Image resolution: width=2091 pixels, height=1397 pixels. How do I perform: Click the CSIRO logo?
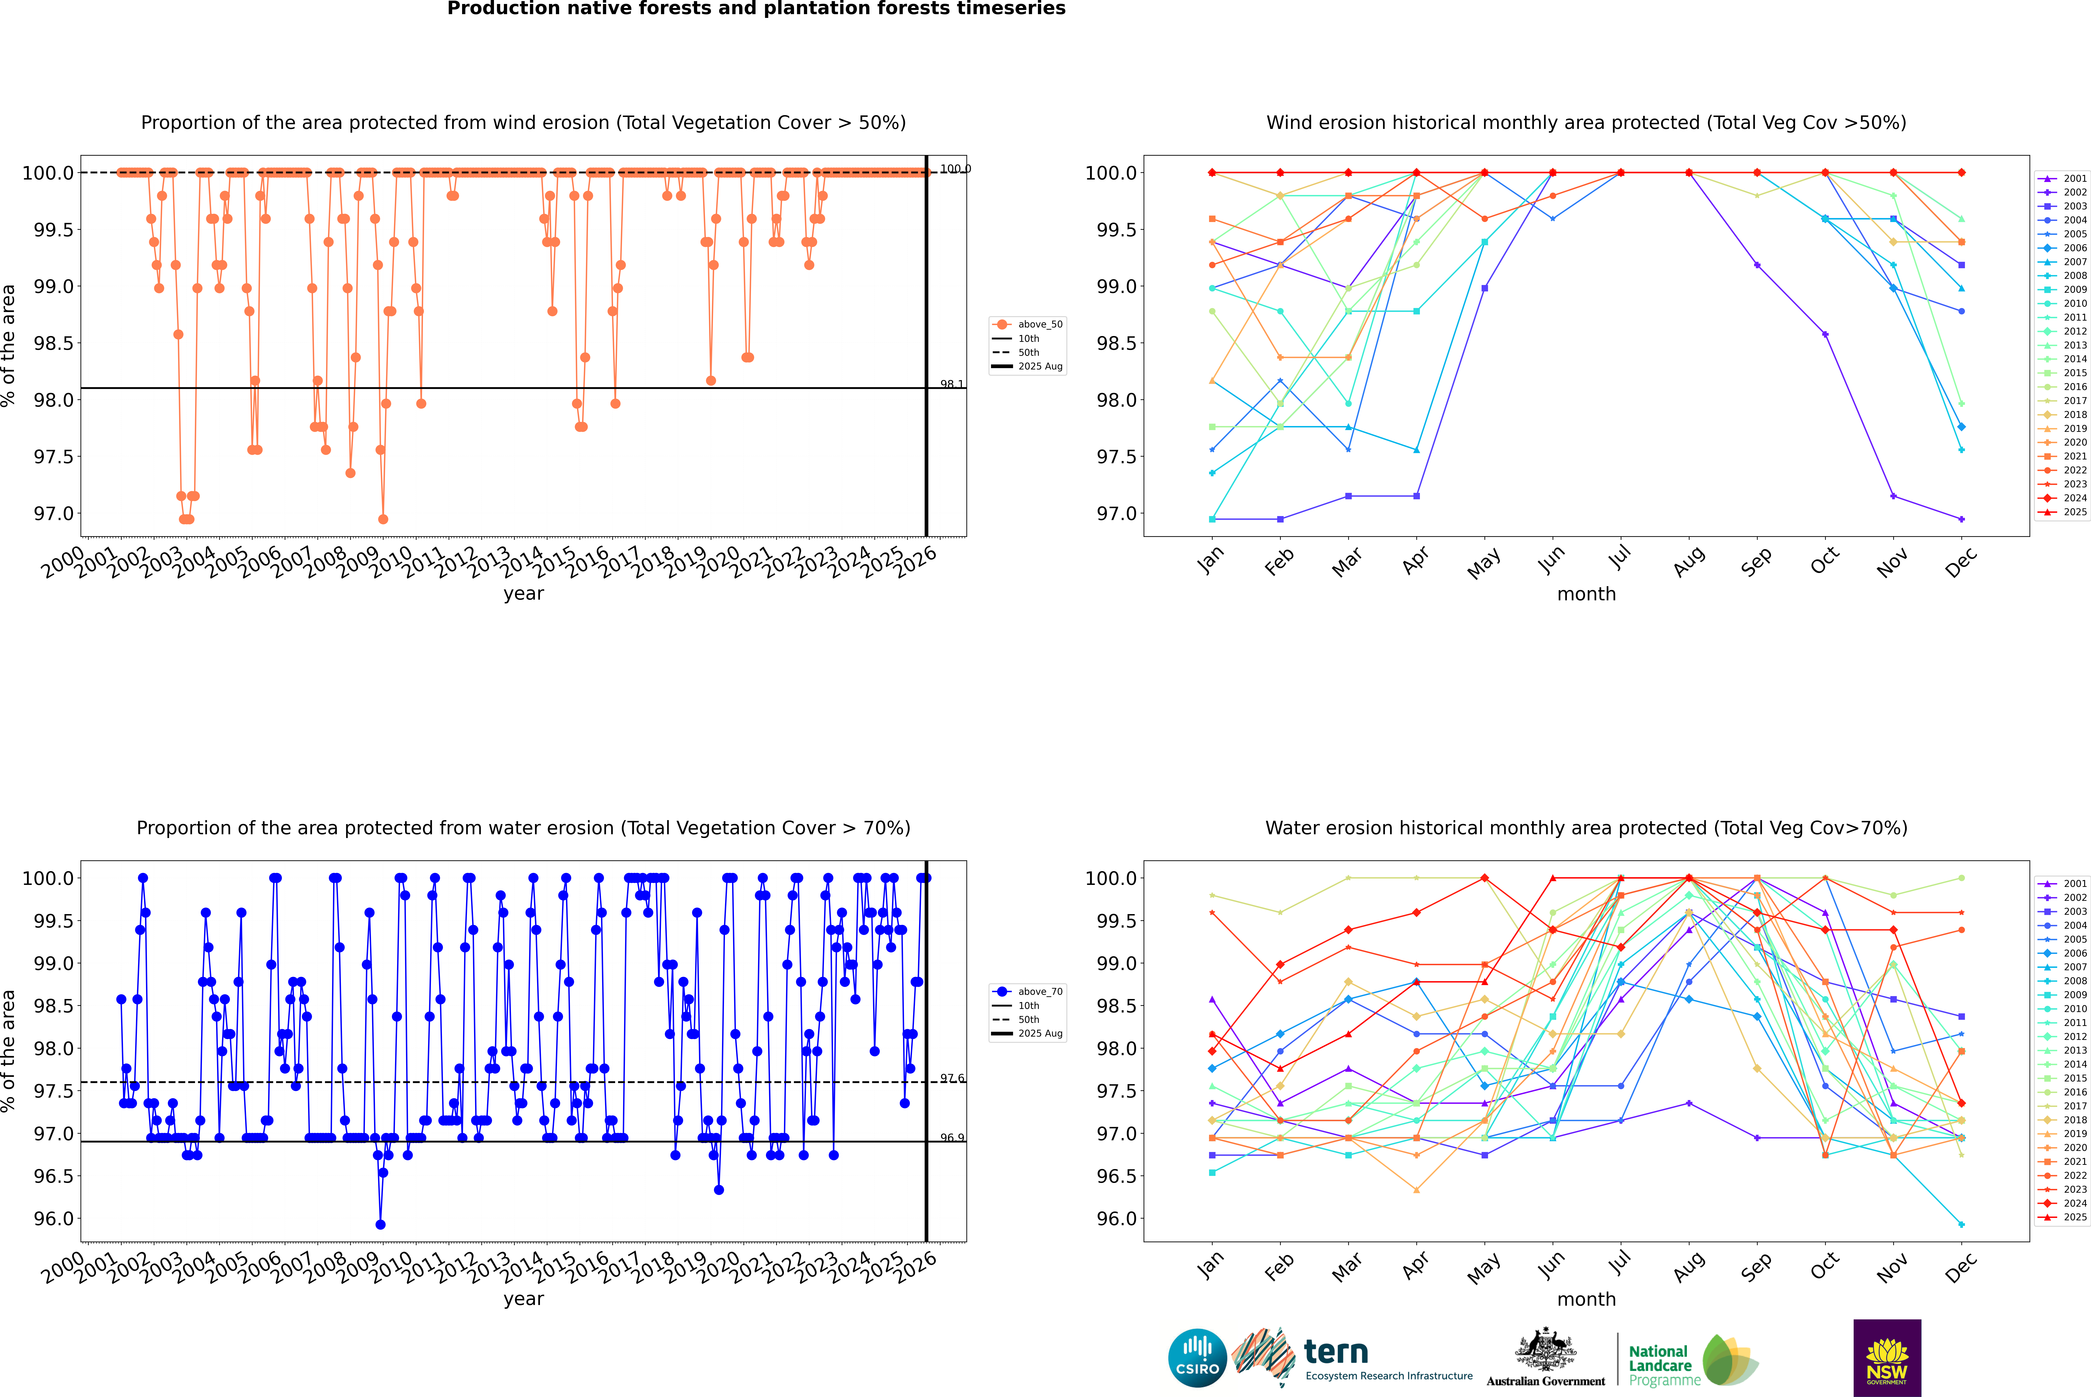coord(1197,1358)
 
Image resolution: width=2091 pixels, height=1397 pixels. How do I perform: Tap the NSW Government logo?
coord(1887,1358)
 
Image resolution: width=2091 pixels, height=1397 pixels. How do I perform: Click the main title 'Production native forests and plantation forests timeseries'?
coord(756,9)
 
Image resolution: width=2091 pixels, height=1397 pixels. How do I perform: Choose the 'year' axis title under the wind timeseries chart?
coord(523,593)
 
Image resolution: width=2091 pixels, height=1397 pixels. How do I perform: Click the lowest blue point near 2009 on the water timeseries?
coord(381,1224)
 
